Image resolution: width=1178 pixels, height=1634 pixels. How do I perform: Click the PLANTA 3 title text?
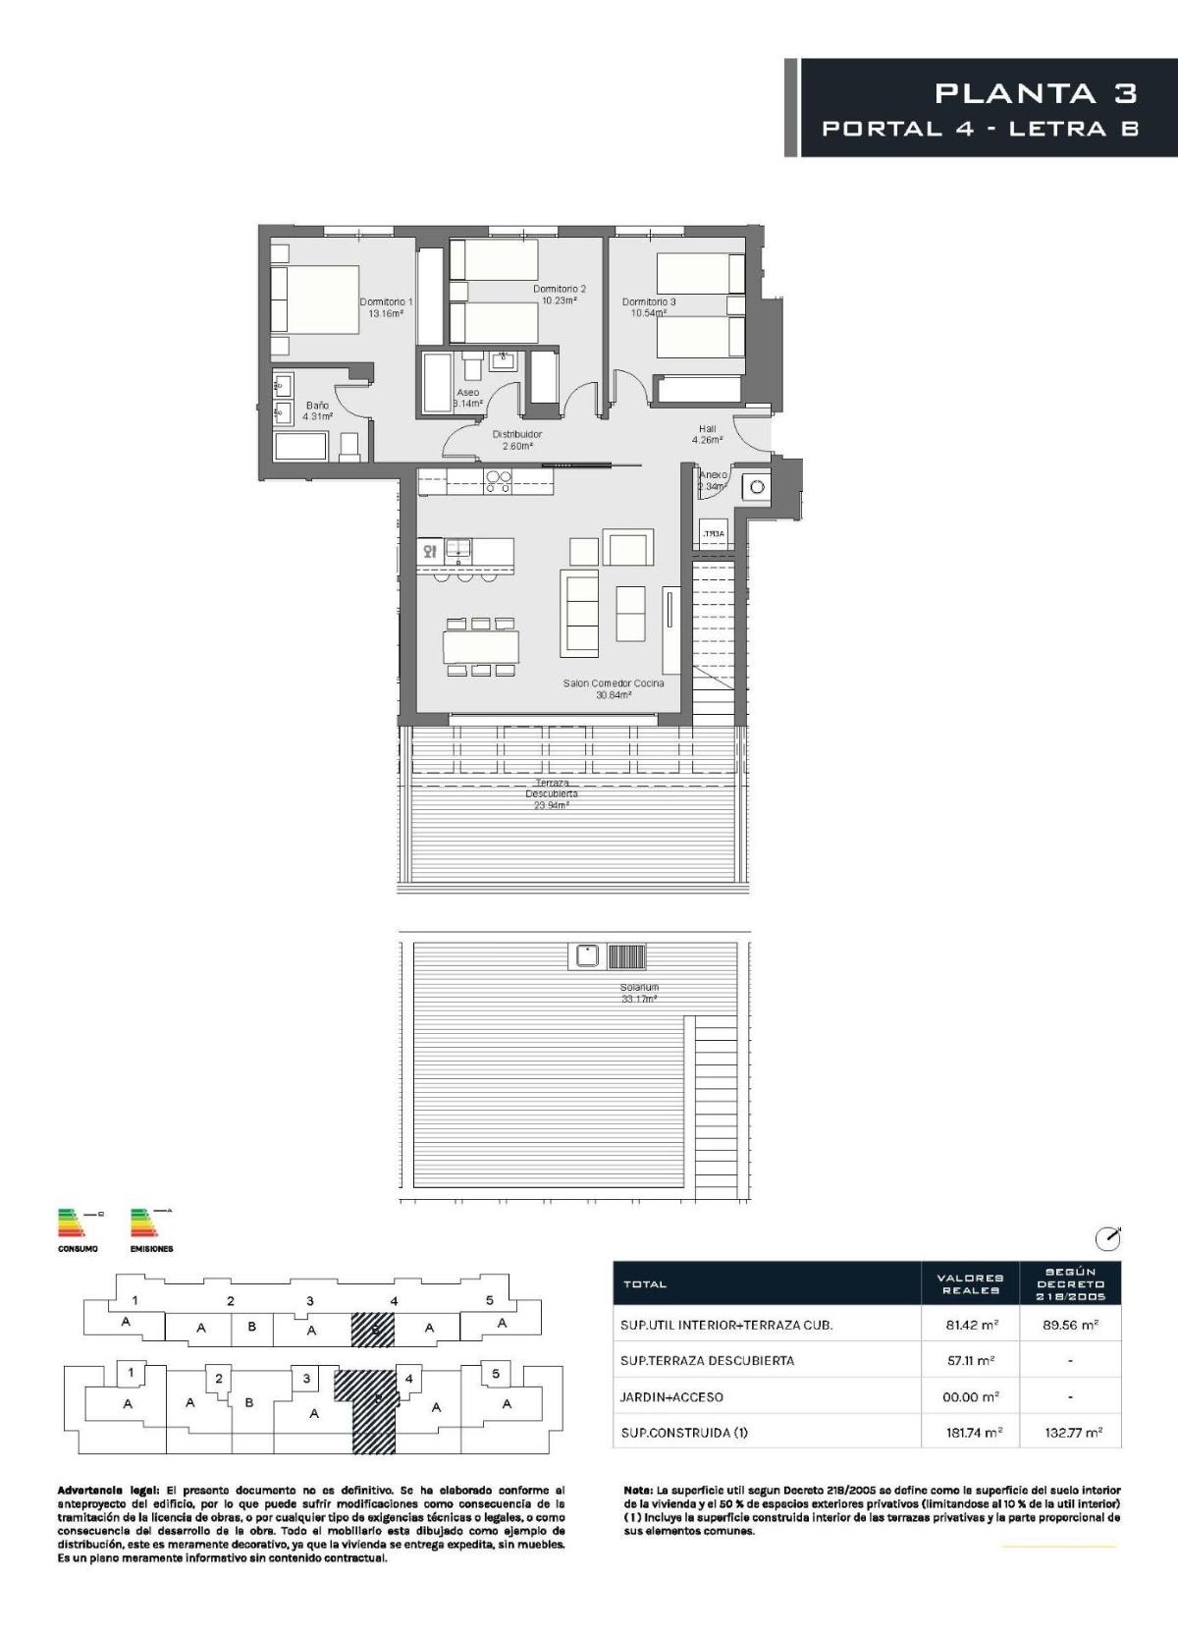1036,93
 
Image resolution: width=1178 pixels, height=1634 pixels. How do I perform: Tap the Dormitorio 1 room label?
386,308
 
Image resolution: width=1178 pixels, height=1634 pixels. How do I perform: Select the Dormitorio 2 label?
560,295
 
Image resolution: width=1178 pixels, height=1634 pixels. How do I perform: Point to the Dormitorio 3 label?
649,307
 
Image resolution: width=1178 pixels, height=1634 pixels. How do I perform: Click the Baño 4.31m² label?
317,410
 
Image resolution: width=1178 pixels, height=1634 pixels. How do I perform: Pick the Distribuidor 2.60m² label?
516,440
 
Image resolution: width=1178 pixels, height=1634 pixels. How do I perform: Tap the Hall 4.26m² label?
707,434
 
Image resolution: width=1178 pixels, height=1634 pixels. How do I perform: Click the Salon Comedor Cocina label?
614,688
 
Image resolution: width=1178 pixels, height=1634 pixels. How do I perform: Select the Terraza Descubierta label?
552,793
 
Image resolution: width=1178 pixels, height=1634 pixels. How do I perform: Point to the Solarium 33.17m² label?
639,993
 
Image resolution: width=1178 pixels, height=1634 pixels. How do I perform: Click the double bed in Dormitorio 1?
315,299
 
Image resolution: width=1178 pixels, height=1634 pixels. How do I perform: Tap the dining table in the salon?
481,647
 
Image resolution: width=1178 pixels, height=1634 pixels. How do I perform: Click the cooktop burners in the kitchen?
498,481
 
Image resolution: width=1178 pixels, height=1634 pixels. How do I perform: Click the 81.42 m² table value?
971,1325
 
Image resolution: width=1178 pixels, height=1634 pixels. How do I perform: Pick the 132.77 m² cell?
1073,1433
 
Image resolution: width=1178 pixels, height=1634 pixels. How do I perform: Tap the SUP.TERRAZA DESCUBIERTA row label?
707,1361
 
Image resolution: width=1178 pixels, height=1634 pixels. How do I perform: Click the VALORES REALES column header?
970,1283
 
